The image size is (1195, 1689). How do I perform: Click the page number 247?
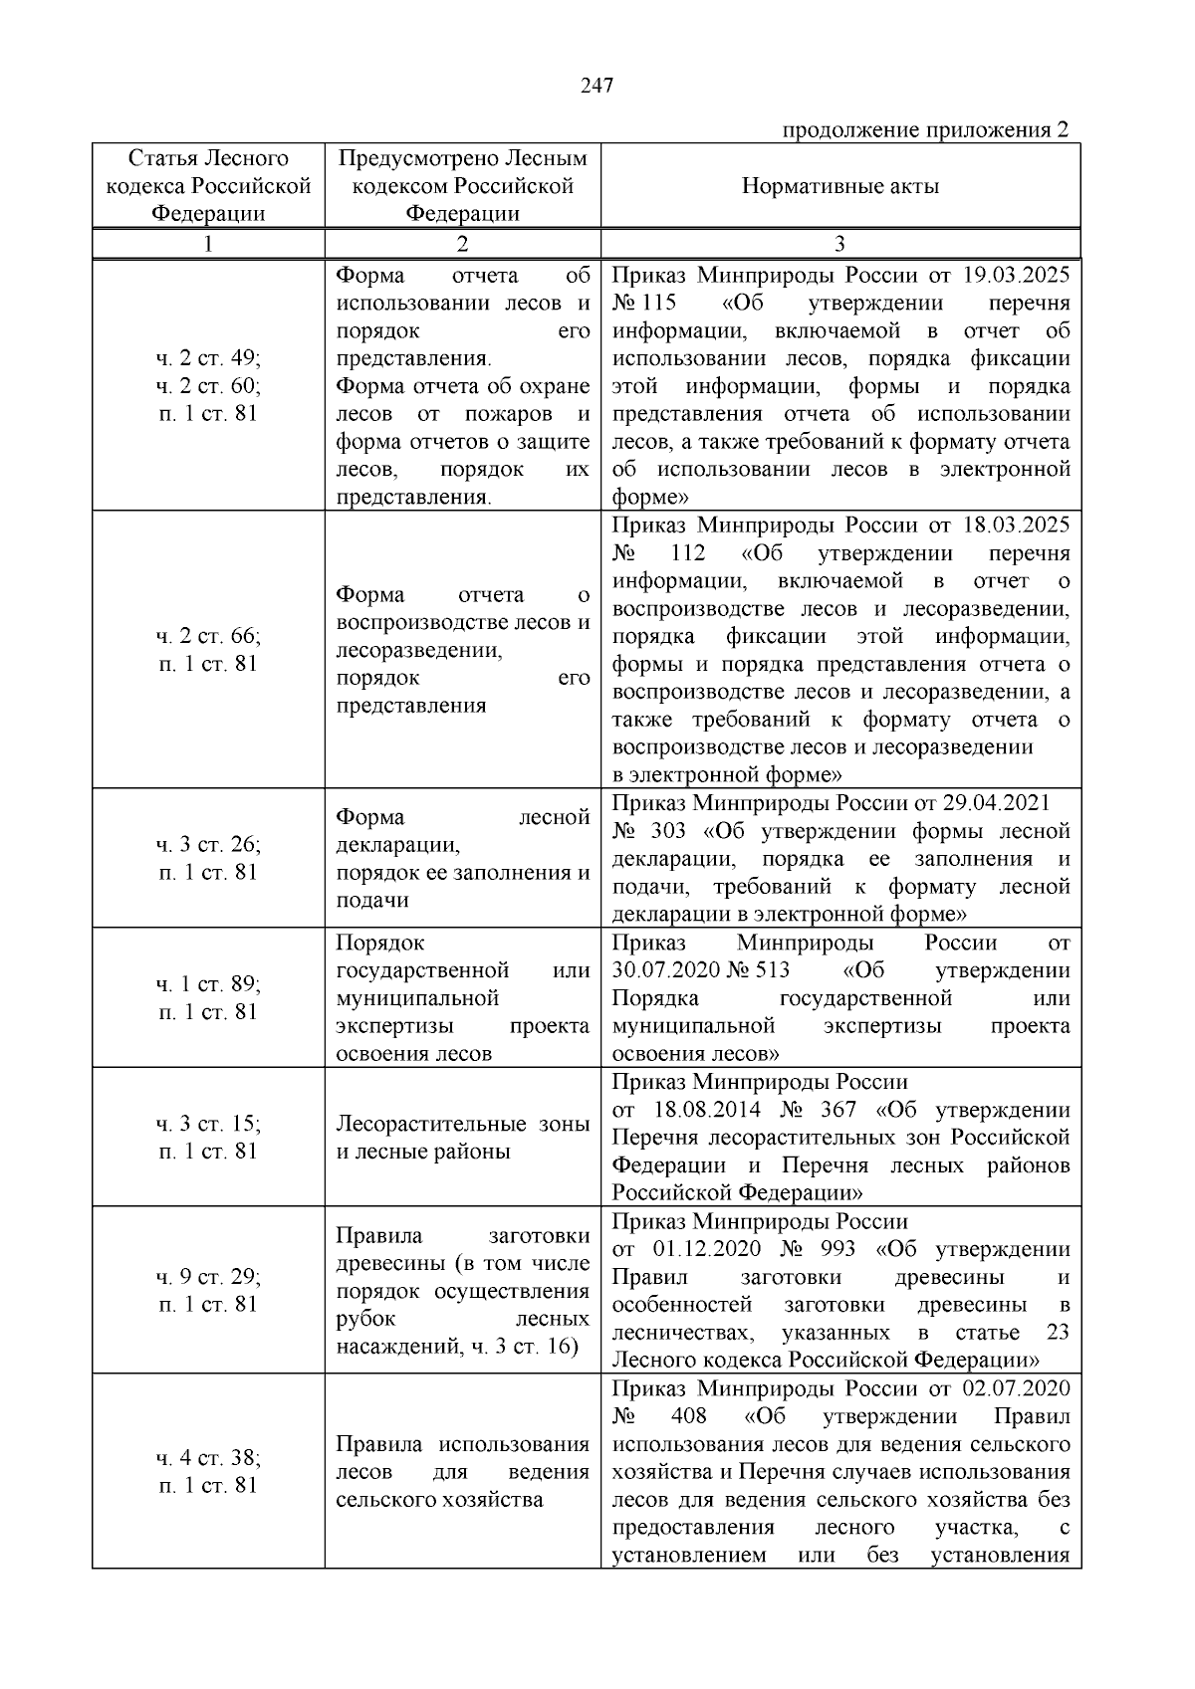597,86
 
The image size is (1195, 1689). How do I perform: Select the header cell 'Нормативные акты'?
839,186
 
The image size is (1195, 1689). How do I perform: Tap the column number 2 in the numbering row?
462,244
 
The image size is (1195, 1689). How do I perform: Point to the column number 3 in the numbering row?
839,244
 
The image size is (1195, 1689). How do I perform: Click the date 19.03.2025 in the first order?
1016,276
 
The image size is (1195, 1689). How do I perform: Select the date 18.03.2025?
1016,526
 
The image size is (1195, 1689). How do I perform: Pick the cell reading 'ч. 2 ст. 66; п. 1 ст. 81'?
208,650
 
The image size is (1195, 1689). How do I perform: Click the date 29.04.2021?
992,803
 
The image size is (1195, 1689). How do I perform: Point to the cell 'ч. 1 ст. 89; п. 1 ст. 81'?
208,997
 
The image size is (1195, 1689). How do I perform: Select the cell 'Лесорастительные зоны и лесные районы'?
462,1138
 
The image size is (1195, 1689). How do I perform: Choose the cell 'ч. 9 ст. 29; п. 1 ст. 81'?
208,1290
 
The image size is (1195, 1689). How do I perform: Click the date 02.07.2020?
1016,1388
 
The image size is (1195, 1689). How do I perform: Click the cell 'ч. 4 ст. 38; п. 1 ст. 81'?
208,1471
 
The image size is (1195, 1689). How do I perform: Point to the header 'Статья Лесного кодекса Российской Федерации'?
208,186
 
